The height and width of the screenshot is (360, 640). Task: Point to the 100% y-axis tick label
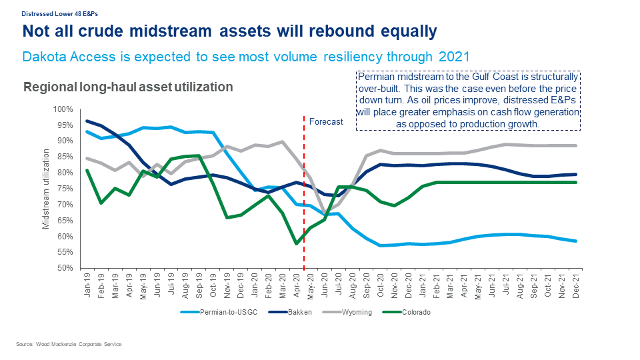click(63, 109)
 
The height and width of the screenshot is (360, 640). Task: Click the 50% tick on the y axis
click(64, 268)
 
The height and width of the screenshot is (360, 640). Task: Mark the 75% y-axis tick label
click(64, 189)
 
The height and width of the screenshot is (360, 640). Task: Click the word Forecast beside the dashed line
click(326, 121)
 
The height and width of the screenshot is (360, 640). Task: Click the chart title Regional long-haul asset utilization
click(128, 87)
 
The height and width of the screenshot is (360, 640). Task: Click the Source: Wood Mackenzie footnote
click(69, 344)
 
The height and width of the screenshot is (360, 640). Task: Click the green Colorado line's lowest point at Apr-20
click(295, 243)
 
